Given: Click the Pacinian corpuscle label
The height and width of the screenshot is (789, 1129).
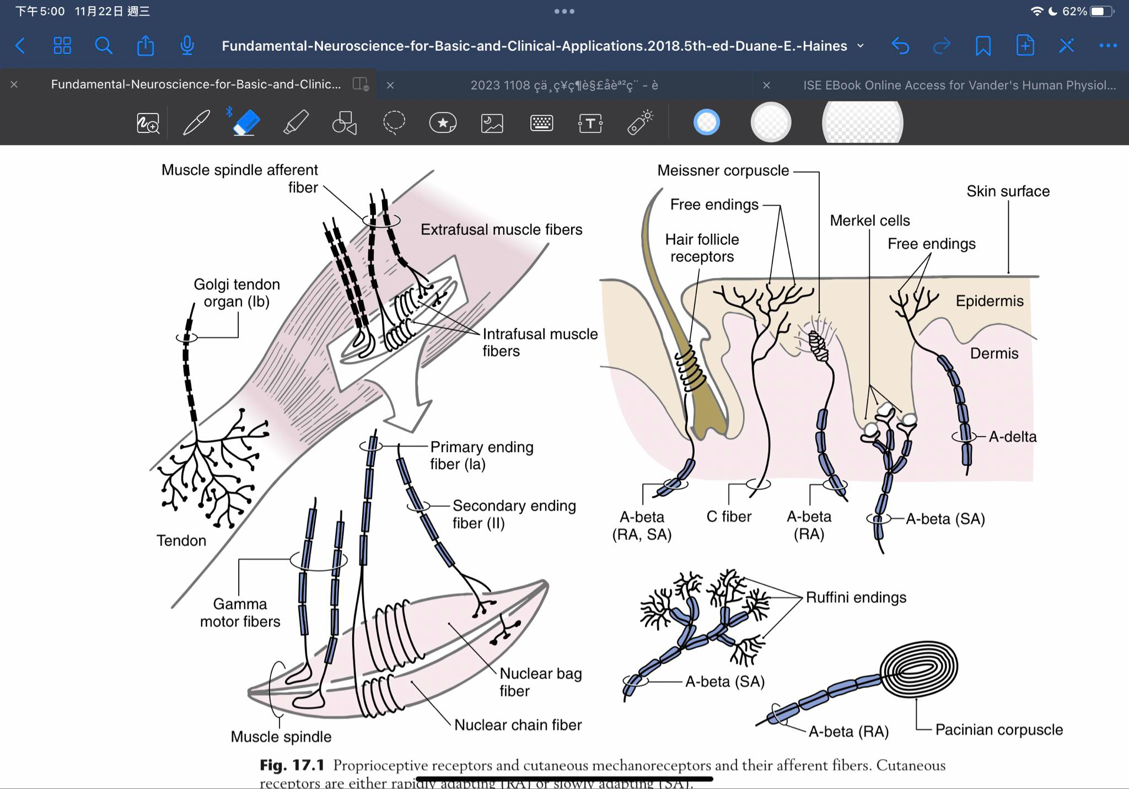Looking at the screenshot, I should (998, 729).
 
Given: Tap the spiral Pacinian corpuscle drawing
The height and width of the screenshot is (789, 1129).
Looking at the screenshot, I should (919, 669).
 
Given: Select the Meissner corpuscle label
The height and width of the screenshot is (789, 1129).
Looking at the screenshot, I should (723, 170).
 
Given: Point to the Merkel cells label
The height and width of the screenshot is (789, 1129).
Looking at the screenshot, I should (869, 221).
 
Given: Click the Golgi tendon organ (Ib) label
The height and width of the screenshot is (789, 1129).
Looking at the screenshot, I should (236, 293).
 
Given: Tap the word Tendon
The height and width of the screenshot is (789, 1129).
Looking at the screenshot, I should (181, 540).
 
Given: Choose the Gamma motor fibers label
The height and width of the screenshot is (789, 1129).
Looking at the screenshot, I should (240, 613).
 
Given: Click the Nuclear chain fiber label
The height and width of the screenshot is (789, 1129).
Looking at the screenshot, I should (518, 724).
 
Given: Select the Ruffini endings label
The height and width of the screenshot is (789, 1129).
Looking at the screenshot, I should (856, 597).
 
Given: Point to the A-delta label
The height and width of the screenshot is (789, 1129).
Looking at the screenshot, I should (1012, 437).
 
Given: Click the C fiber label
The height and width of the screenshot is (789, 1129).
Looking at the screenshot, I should (729, 517).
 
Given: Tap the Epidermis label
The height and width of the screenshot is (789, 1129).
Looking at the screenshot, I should (990, 301).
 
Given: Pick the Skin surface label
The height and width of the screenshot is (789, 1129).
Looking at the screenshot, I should (1008, 191).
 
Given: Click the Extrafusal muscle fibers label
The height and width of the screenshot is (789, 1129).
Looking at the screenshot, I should (501, 229).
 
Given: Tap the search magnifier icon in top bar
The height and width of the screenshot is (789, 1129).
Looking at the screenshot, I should (103, 46).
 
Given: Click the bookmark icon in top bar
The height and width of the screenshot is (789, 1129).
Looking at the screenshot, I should (982, 46).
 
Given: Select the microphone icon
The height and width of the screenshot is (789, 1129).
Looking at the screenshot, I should (187, 46).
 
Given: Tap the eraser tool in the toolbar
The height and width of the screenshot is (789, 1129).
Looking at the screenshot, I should (245, 122).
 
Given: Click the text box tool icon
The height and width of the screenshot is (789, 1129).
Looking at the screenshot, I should (590, 123).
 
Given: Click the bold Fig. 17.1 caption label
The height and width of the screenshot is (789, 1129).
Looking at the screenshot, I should (292, 765).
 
